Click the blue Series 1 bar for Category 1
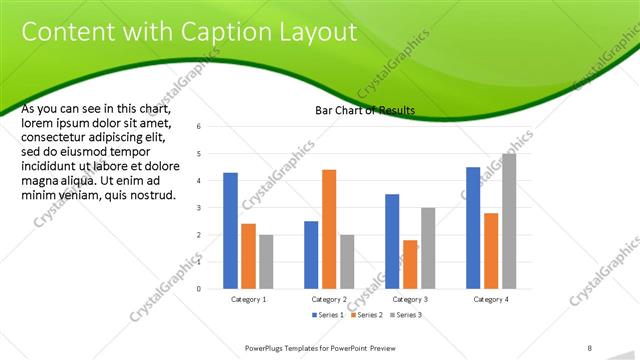point(230,230)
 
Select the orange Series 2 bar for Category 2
point(329,229)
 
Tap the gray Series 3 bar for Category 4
point(509,221)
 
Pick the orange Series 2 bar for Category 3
point(410,264)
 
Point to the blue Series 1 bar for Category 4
point(473,228)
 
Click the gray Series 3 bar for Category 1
point(266,261)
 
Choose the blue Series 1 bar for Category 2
point(311,254)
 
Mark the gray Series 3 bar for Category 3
point(428,248)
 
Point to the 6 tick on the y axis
point(200,127)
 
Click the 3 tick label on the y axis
point(200,208)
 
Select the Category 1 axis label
point(248,299)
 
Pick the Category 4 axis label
point(491,299)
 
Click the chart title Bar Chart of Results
point(365,110)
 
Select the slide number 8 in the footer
point(590,347)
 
